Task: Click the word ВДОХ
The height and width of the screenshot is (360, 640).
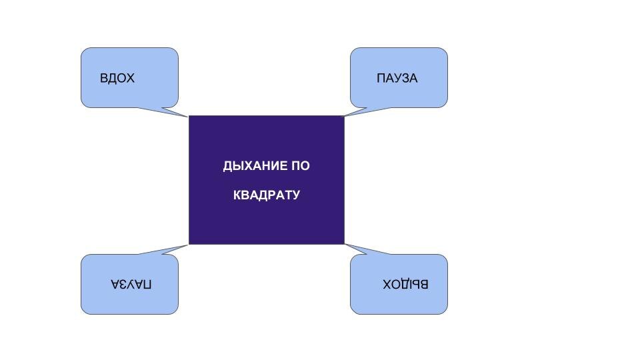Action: point(117,78)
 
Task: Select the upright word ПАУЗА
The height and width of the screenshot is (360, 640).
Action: point(397,78)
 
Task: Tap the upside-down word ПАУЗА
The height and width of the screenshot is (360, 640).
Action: point(131,284)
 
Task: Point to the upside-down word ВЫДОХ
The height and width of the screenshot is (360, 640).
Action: point(405,284)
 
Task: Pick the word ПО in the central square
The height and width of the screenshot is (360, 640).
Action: point(301,166)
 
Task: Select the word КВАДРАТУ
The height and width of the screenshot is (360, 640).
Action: point(267,195)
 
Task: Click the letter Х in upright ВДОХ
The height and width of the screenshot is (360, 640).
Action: point(131,78)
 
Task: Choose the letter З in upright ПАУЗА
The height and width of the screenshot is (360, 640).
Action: point(404,78)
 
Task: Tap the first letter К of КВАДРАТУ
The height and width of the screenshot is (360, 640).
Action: point(237,195)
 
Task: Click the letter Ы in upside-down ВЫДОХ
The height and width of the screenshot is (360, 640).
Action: point(417,284)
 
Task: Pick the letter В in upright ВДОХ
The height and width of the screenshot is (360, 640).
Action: point(104,78)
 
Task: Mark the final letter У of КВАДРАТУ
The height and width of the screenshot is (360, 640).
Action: point(296,195)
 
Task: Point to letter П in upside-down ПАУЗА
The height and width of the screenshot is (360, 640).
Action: point(147,284)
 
